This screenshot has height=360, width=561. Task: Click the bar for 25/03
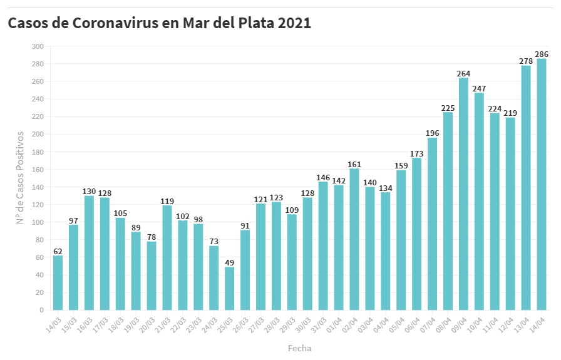(229, 289)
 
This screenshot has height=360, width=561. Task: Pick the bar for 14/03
(58, 282)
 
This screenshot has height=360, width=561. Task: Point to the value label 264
(463, 73)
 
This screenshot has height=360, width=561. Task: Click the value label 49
(229, 262)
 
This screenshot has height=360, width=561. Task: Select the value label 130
(89, 191)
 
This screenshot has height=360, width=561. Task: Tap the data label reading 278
(526, 61)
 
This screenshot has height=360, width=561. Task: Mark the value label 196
(432, 133)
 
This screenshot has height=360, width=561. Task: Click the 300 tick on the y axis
(38, 46)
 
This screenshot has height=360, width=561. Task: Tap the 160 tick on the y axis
(38, 170)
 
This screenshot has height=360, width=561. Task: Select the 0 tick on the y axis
(41, 310)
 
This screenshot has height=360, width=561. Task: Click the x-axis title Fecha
(299, 348)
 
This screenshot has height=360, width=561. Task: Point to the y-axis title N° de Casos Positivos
(20, 178)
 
